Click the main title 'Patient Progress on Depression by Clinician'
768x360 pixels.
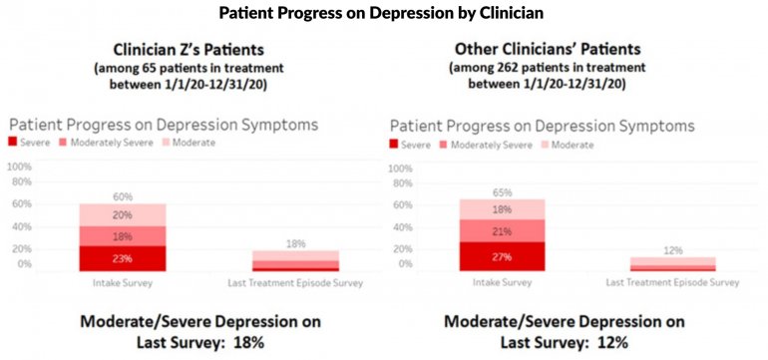click(x=383, y=15)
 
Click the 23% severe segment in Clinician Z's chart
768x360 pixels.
click(x=123, y=258)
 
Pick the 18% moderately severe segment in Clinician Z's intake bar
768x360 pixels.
click(x=123, y=235)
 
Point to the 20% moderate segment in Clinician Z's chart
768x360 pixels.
click(x=123, y=214)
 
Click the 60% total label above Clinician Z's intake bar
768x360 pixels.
click(x=123, y=196)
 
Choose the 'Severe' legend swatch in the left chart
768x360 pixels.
click(x=15, y=144)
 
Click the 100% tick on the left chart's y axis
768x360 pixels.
click(x=20, y=167)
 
